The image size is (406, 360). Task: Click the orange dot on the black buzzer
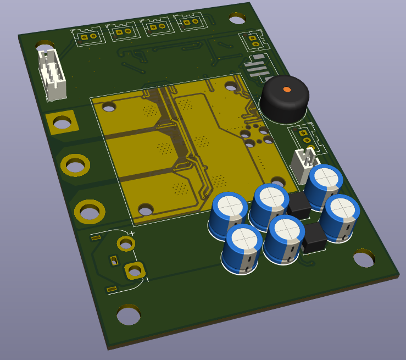286,89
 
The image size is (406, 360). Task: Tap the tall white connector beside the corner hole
53,75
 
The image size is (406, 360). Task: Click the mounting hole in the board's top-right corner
237,19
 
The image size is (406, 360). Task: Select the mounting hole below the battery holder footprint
129,315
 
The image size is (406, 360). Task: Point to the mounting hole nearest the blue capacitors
364,258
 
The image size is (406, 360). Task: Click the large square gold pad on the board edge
62,123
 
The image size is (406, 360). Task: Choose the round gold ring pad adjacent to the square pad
75,164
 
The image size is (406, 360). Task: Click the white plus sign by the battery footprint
132,234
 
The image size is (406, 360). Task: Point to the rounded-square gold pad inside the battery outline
134,270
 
